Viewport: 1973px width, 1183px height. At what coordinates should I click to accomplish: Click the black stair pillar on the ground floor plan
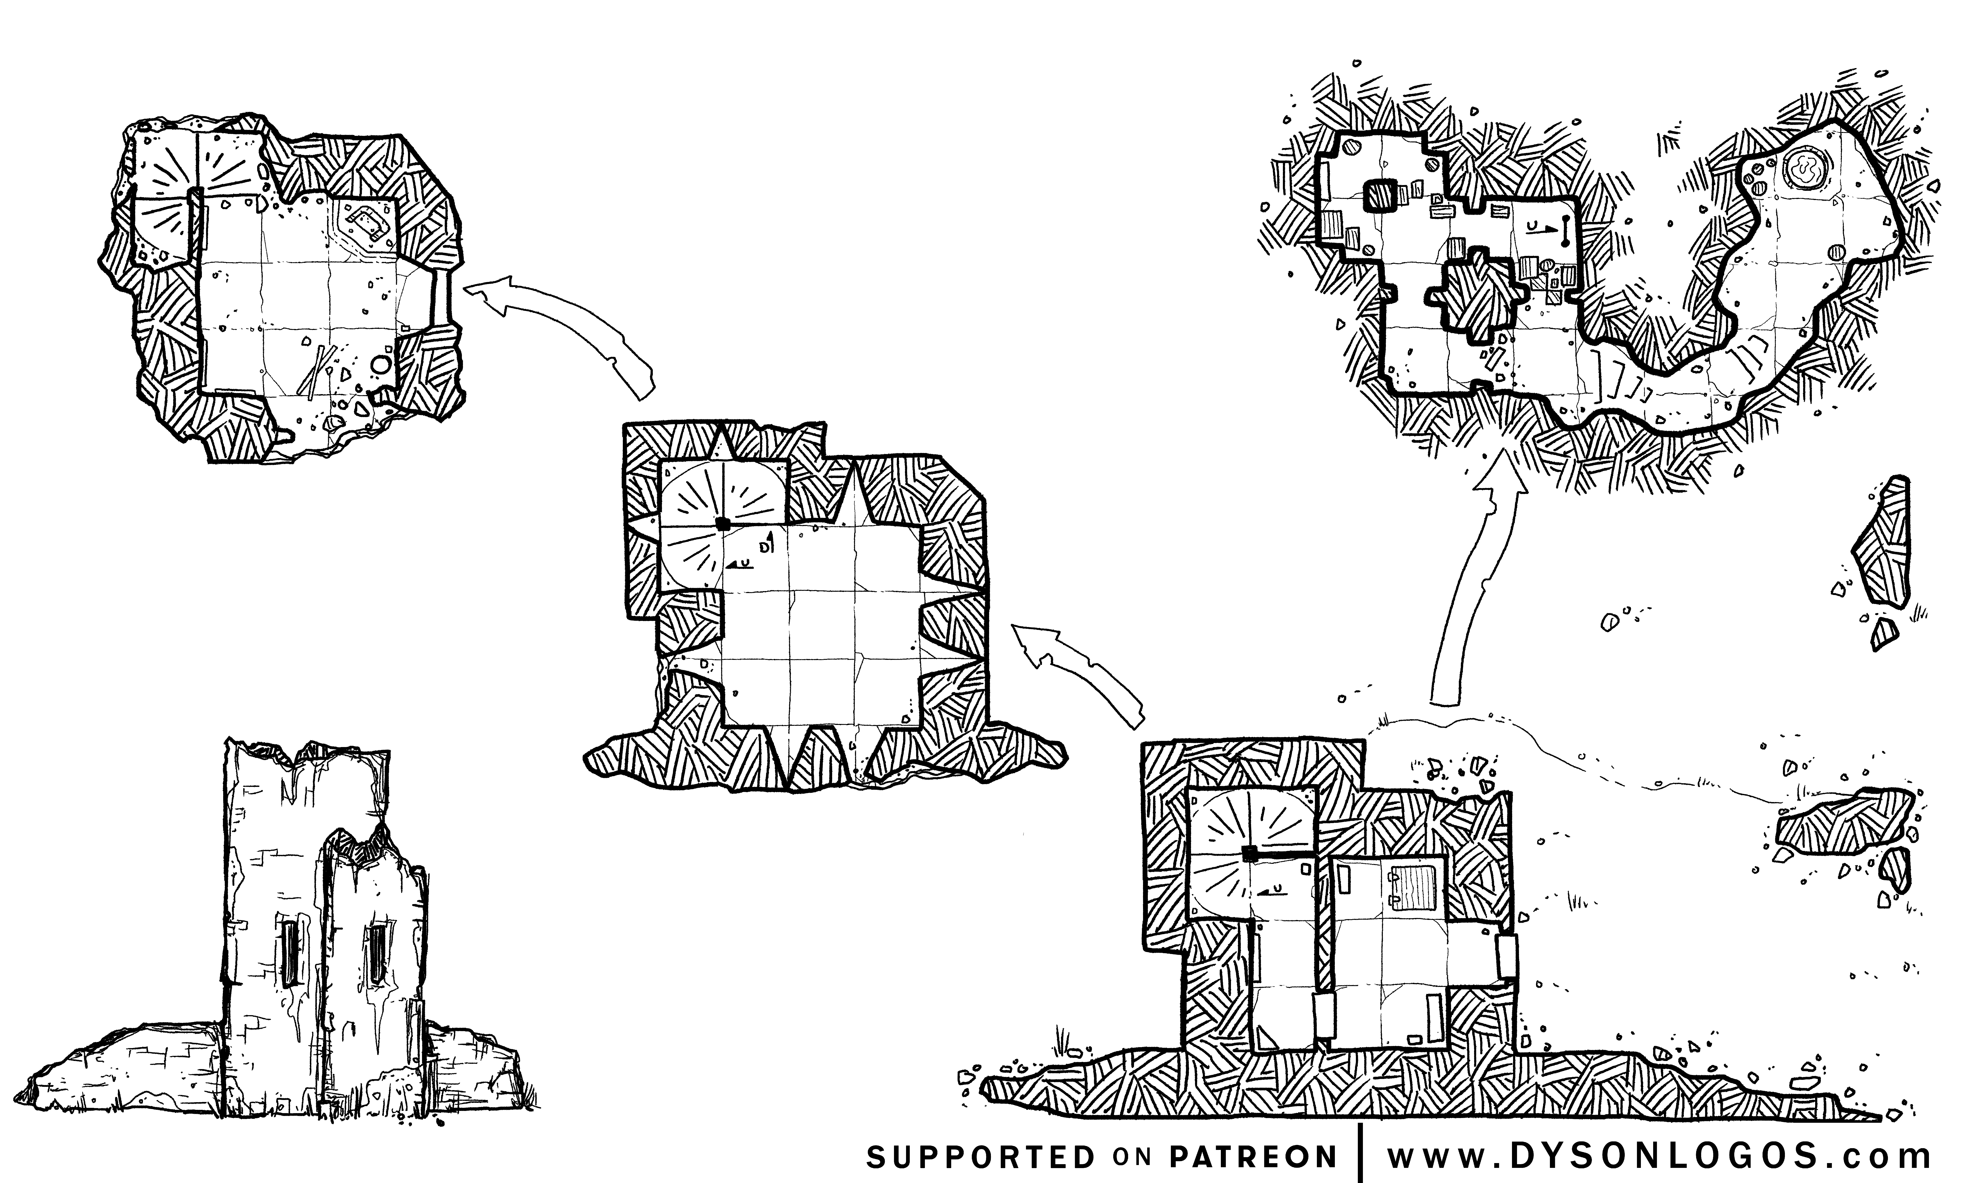click(x=1250, y=855)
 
